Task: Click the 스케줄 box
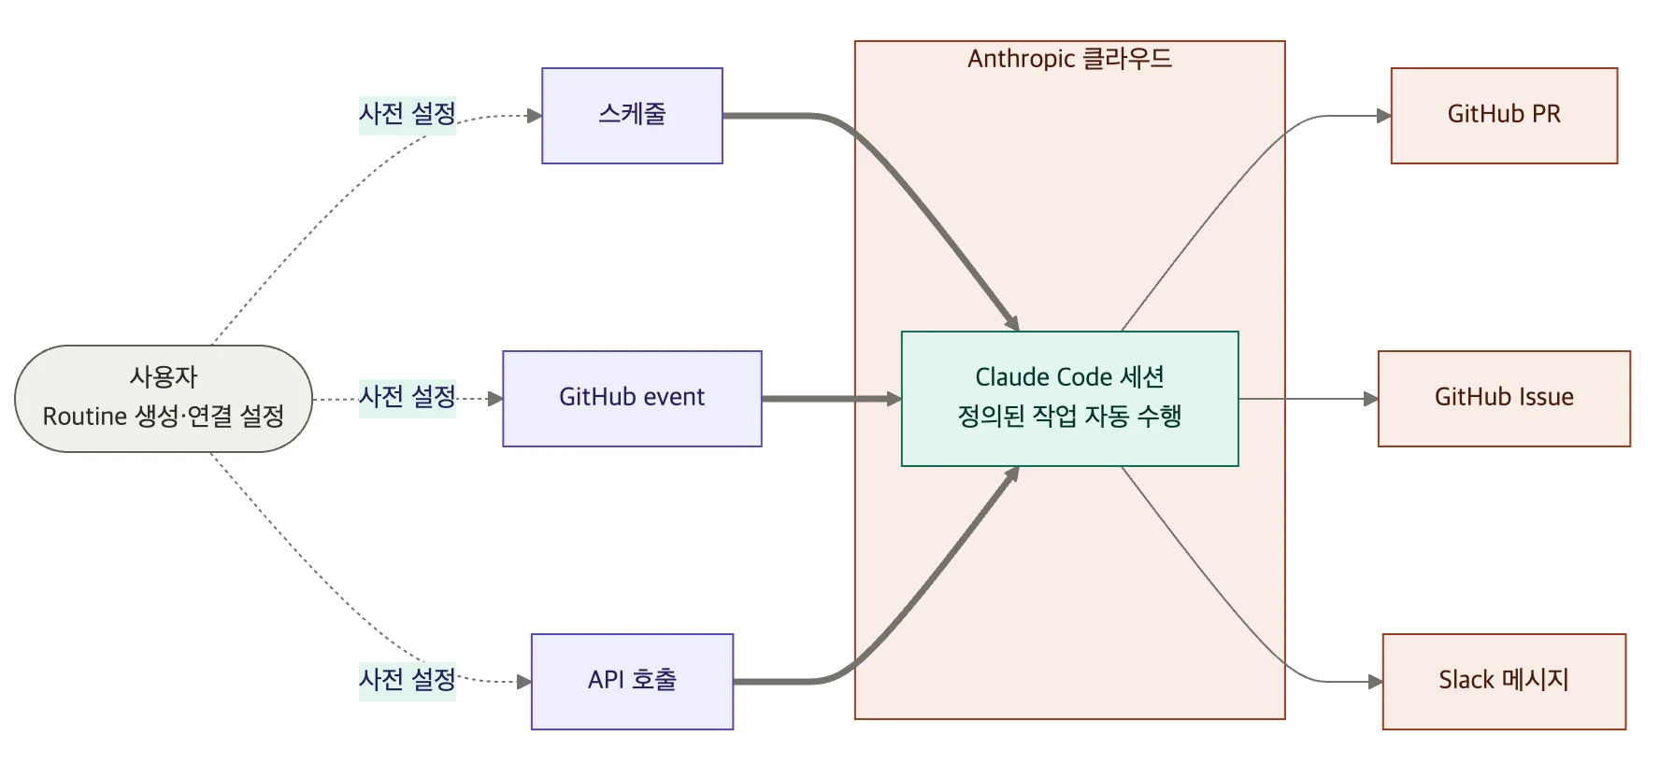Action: coord(632,116)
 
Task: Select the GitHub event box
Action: coord(632,399)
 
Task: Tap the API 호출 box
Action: coord(632,682)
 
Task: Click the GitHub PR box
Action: coord(1504,116)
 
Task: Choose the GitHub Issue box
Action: coord(1504,399)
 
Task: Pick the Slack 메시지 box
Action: coord(1504,682)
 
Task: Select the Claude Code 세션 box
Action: coord(1069,377)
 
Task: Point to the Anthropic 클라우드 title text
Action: coord(1069,59)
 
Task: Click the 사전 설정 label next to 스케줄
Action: coord(408,115)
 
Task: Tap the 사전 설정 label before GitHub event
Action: coord(408,398)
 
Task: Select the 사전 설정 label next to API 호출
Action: coord(408,680)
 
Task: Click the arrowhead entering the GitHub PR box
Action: coord(1384,116)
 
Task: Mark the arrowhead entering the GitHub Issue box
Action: coord(1371,399)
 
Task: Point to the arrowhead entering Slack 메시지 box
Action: coord(1376,682)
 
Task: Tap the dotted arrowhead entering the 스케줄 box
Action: coord(535,116)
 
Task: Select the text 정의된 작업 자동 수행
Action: coord(1069,417)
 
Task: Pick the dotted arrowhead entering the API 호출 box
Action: coord(524,682)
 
